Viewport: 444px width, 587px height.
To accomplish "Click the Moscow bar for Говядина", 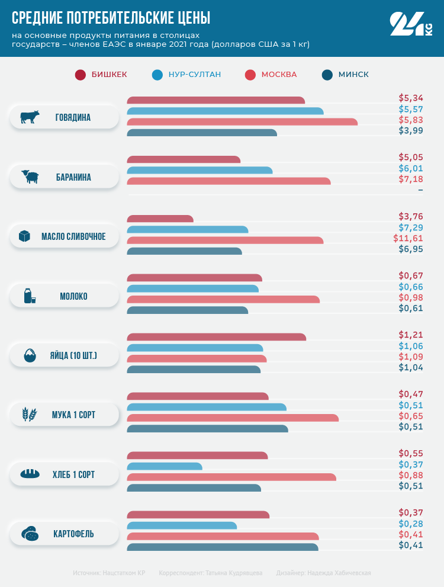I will coord(242,122).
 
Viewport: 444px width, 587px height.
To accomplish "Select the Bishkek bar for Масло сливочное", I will coord(160,219).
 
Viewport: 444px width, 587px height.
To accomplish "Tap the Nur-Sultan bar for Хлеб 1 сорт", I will coord(165,466).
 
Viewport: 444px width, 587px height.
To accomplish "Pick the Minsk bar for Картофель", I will coord(223,547).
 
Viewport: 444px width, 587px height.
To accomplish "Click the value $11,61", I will coord(408,238).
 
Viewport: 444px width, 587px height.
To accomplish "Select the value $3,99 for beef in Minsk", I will coord(411,130).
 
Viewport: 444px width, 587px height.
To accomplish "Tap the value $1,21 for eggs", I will coord(411,335).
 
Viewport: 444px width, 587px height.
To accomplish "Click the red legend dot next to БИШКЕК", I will coord(81,75).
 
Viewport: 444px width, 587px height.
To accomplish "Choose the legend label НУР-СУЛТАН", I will coord(195,75).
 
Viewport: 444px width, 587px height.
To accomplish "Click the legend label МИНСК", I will coord(353,75).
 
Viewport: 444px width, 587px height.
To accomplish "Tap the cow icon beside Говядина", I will coord(30,117).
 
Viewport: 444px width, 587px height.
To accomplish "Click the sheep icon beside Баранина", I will coord(30,177).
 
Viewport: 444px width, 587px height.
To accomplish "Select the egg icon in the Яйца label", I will coord(30,355).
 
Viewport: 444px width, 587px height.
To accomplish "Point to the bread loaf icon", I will coord(30,474).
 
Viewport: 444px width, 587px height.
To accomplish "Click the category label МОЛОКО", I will coord(73,296).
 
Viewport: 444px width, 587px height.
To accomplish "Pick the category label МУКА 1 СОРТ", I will coord(74,415).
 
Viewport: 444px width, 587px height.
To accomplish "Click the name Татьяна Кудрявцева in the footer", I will coord(233,573).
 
